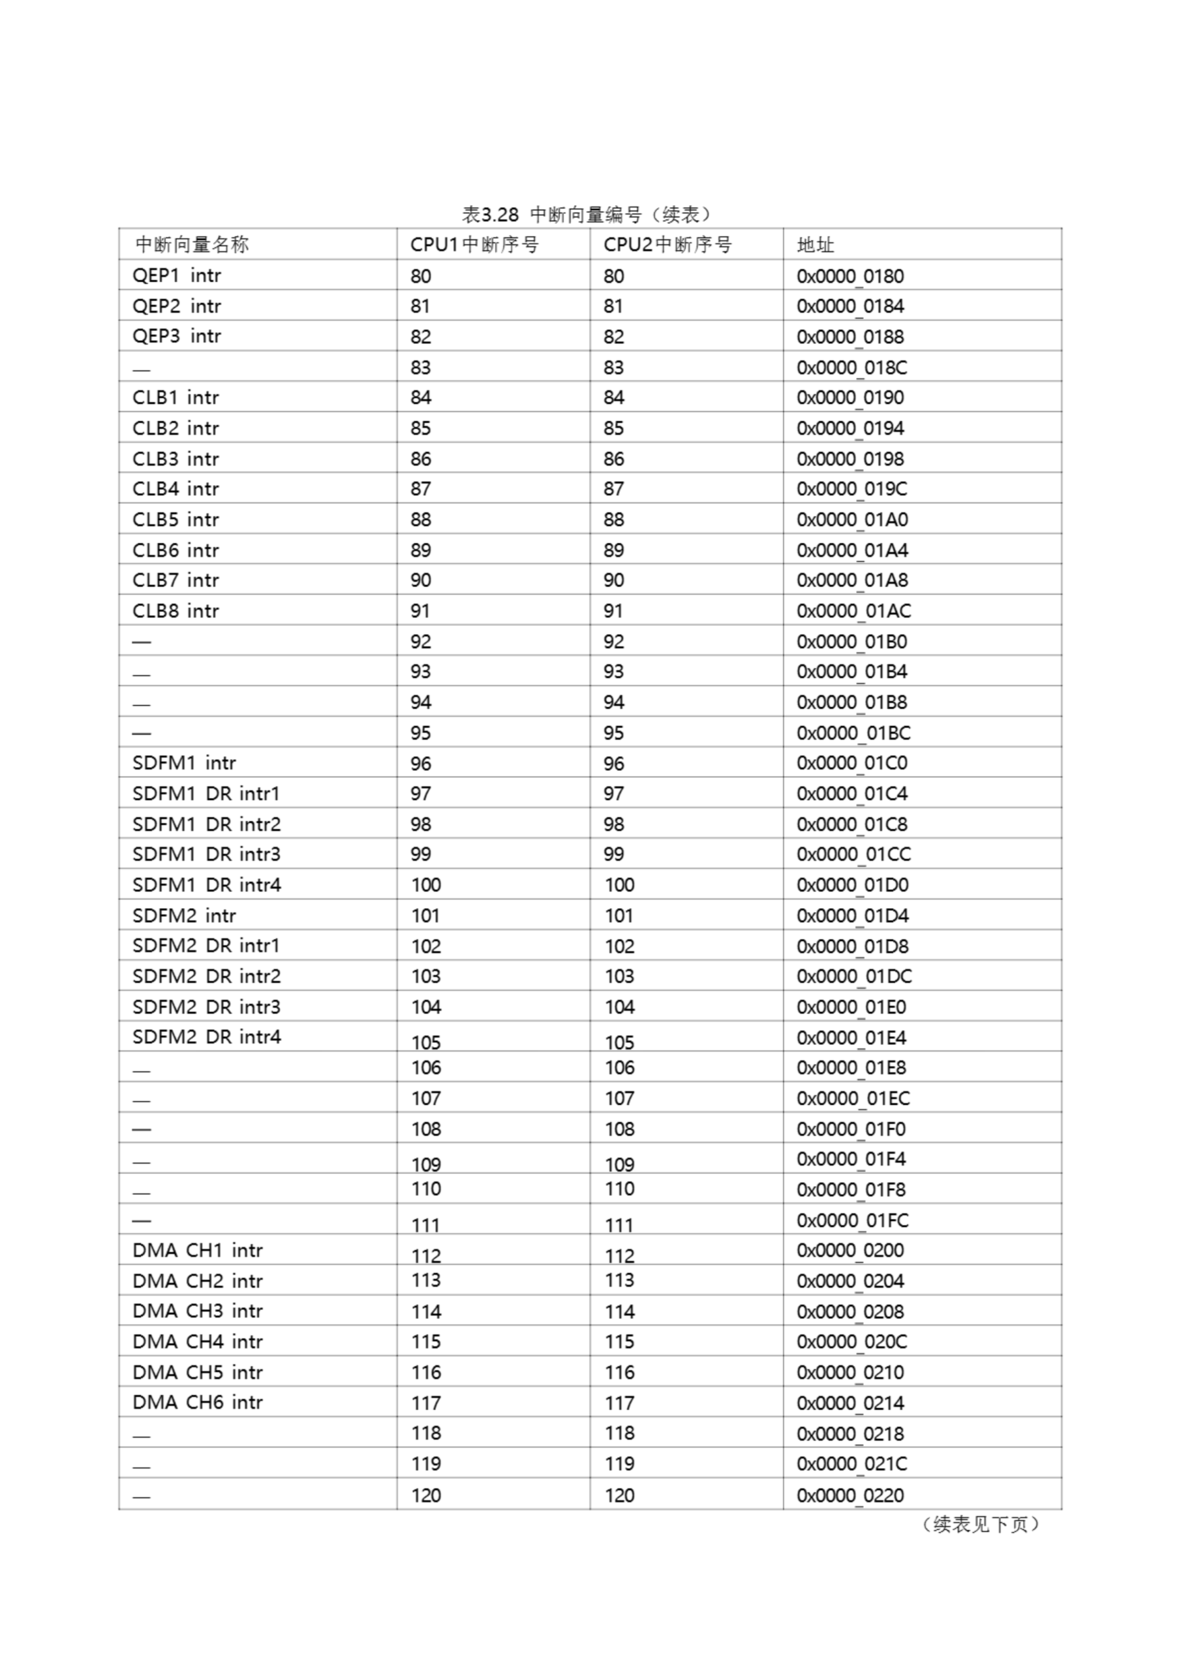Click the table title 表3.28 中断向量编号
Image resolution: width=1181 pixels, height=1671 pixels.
(x=587, y=215)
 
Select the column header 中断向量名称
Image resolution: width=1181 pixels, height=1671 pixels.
(x=192, y=245)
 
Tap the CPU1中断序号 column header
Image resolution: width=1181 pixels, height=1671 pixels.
(x=474, y=245)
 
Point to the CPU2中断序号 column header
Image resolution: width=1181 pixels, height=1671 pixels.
(x=667, y=245)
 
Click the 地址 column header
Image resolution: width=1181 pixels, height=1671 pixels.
(x=815, y=245)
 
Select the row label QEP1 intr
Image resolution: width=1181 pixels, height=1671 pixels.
(x=177, y=276)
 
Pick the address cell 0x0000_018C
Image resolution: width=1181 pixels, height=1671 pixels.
(x=851, y=367)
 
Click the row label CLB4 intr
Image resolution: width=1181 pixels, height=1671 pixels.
(x=176, y=489)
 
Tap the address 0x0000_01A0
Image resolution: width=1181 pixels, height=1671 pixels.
(x=852, y=520)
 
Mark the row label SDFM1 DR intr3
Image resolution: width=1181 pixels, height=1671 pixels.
(x=207, y=854)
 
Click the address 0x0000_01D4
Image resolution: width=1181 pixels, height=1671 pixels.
(x=852, y=916)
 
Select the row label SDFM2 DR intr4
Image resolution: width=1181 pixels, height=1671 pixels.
(x=207, y=1037)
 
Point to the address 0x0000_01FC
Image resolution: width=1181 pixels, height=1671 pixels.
(x=852, y=1221)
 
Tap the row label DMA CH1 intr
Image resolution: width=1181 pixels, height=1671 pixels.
(x=197, y=1251)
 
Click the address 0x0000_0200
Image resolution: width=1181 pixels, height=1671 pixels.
(x=850, y=1251)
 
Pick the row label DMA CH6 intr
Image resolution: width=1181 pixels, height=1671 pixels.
(x=197, y=1403)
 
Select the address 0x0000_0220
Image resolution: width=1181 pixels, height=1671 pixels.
(x=850, y=1495)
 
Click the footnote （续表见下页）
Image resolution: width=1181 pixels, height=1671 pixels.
(x=980, y=1525)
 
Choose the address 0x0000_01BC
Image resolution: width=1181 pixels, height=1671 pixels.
(x=853, y=733)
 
